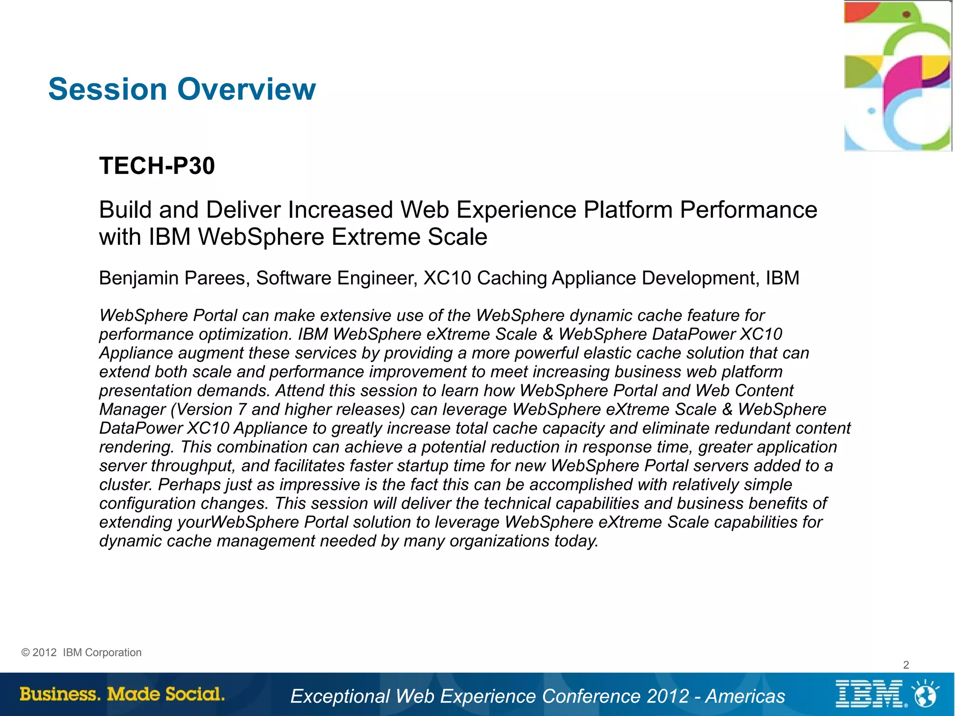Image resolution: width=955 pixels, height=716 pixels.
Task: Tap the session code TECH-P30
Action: point(157,166)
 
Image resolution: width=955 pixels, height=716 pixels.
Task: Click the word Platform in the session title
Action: point(628,210)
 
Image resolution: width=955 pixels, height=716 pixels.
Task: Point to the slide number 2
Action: point(906,665)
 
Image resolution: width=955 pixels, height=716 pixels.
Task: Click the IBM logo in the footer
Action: point(870,694)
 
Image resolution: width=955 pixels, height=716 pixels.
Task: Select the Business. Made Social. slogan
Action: point(122,694)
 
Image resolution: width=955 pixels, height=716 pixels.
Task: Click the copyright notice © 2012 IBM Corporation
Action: point(82,653)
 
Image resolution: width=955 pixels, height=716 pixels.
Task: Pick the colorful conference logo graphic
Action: point(897,76)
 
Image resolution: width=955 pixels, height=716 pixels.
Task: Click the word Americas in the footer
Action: point(745,696)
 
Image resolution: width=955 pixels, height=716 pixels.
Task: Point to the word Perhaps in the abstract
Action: point(189,485)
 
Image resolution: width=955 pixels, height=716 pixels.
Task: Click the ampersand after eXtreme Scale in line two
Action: point(548,334)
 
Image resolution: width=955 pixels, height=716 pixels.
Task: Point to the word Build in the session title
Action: point(125,210)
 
